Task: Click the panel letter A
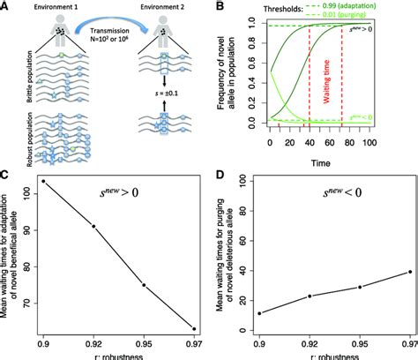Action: (6, 6)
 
